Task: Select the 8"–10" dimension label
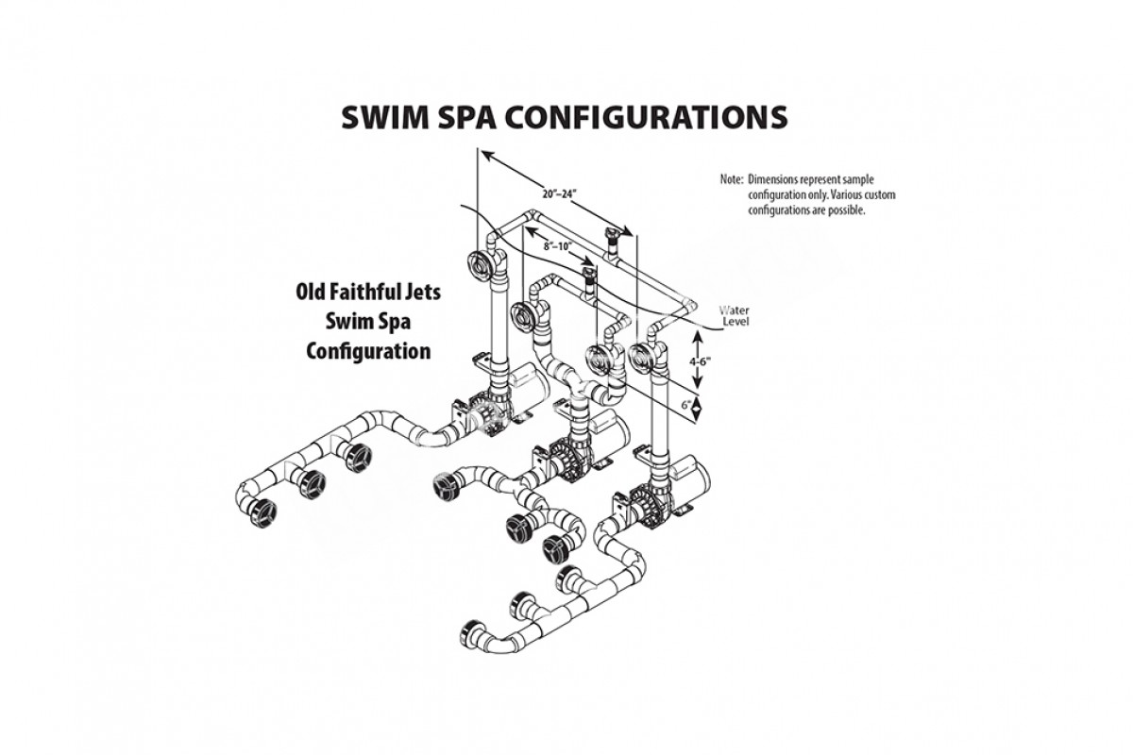pos(559,245)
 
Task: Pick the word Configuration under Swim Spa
pos(369,351)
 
